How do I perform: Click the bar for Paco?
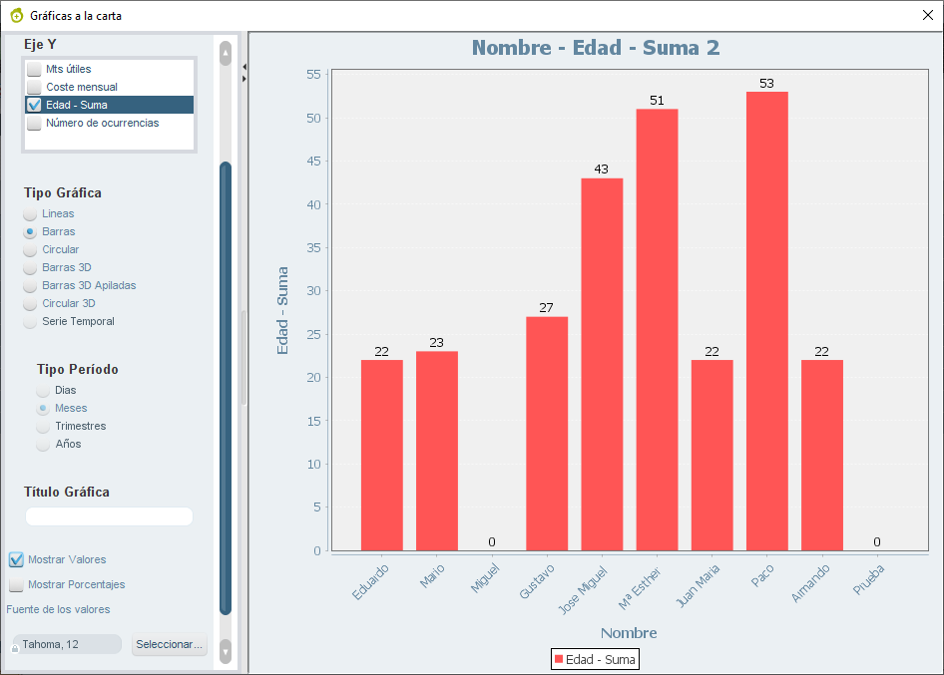tap(767, 321)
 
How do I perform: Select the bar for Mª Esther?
tap(657, 330)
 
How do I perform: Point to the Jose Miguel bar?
tap(602, 365)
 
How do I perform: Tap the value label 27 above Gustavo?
tap(546, 308)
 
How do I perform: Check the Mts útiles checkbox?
tap(34, 69)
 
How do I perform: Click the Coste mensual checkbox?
tap(34, 87)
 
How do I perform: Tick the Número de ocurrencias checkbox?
tap(34, 124)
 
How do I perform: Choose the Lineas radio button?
tap(30, 214)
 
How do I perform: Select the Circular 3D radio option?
tap(30, 304)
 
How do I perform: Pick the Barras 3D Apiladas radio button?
tap(30, 286)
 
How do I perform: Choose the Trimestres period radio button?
tap(43, 427)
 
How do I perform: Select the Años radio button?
tap(43, 445)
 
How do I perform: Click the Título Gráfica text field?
tap(109, 516)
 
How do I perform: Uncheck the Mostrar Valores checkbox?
tap(16, 559)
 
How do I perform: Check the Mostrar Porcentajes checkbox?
tap(16, 584)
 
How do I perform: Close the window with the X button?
tap(928, 15)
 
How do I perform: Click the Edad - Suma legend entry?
tap(595, 659)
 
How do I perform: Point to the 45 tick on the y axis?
tap(313, 162)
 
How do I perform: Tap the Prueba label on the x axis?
tap(869, 579)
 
